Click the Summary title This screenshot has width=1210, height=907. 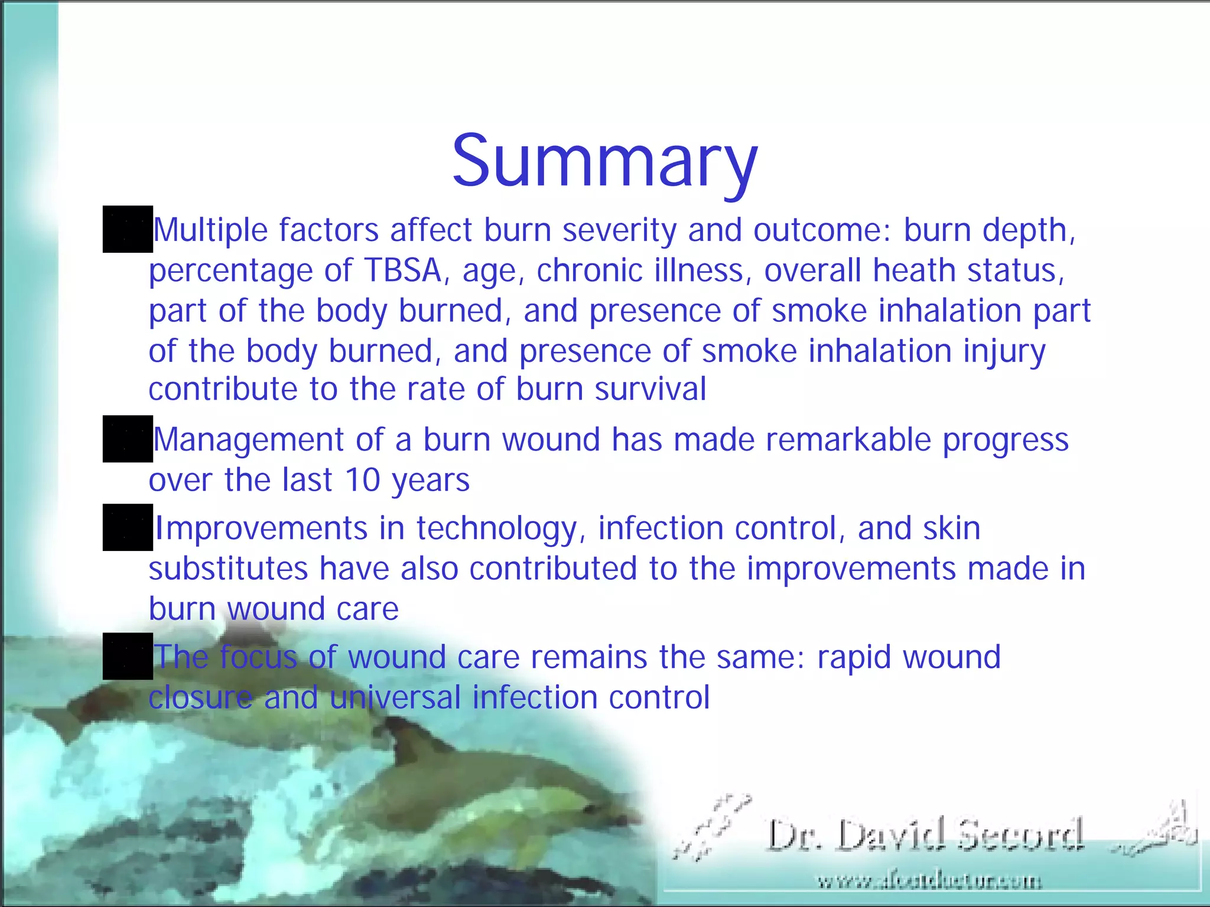(604, 161)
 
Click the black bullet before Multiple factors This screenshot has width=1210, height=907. (128, 229)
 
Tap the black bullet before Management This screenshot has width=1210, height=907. (128, 439)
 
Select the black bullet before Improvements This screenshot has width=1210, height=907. (128, 527)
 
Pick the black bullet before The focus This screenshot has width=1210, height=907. (128, 656)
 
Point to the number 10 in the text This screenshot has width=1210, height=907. (362, 479)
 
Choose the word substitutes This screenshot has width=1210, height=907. (228, 569)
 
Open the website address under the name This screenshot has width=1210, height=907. (929, 882)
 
